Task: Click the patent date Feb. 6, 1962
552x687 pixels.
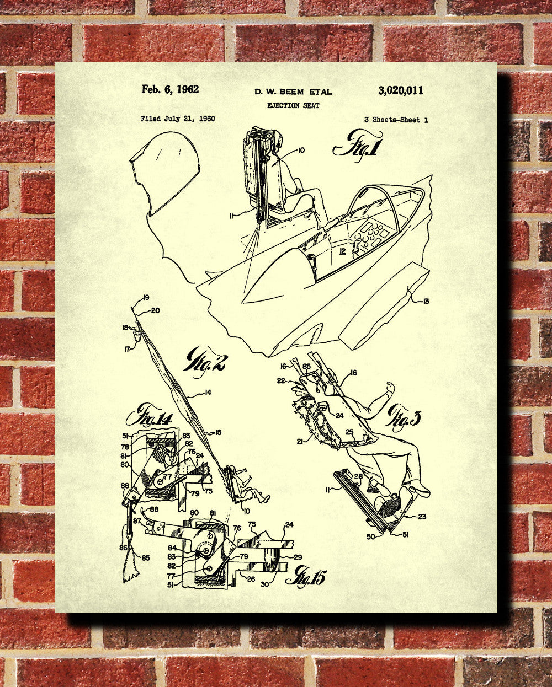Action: [170, 89]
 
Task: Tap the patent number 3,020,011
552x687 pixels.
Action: [401, 91]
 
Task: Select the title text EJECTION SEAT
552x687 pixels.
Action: [293, 105]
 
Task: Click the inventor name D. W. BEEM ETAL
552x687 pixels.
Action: [293, 92]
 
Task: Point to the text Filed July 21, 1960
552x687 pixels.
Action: [178, 119]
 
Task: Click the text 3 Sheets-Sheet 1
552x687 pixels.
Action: [396, 120]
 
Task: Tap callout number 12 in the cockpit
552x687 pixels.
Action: [343, 251]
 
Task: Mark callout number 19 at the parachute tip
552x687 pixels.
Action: [146, 298]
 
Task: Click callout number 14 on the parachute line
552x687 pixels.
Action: [208, 393]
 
